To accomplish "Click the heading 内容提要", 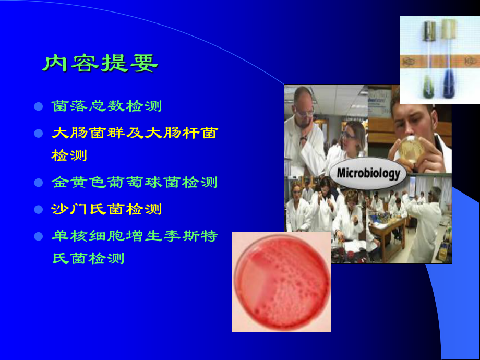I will [100, 64].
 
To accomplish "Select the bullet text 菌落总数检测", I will [107, 106].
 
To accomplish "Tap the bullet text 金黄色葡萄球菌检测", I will [135, 183].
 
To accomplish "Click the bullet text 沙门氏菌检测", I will [107, 210].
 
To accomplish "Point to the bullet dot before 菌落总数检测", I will [38, 106].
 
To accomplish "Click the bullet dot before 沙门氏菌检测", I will [38, 210].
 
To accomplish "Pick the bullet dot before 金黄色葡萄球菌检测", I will [38, 183].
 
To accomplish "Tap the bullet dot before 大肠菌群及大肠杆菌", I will [38, 134].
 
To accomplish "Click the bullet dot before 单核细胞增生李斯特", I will [38, 236].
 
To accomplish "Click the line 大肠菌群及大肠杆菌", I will [135, 134].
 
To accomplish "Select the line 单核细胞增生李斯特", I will [135, 236].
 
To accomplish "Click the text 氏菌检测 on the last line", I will [89, 258].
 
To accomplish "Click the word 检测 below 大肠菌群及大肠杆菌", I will [69, 155].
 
